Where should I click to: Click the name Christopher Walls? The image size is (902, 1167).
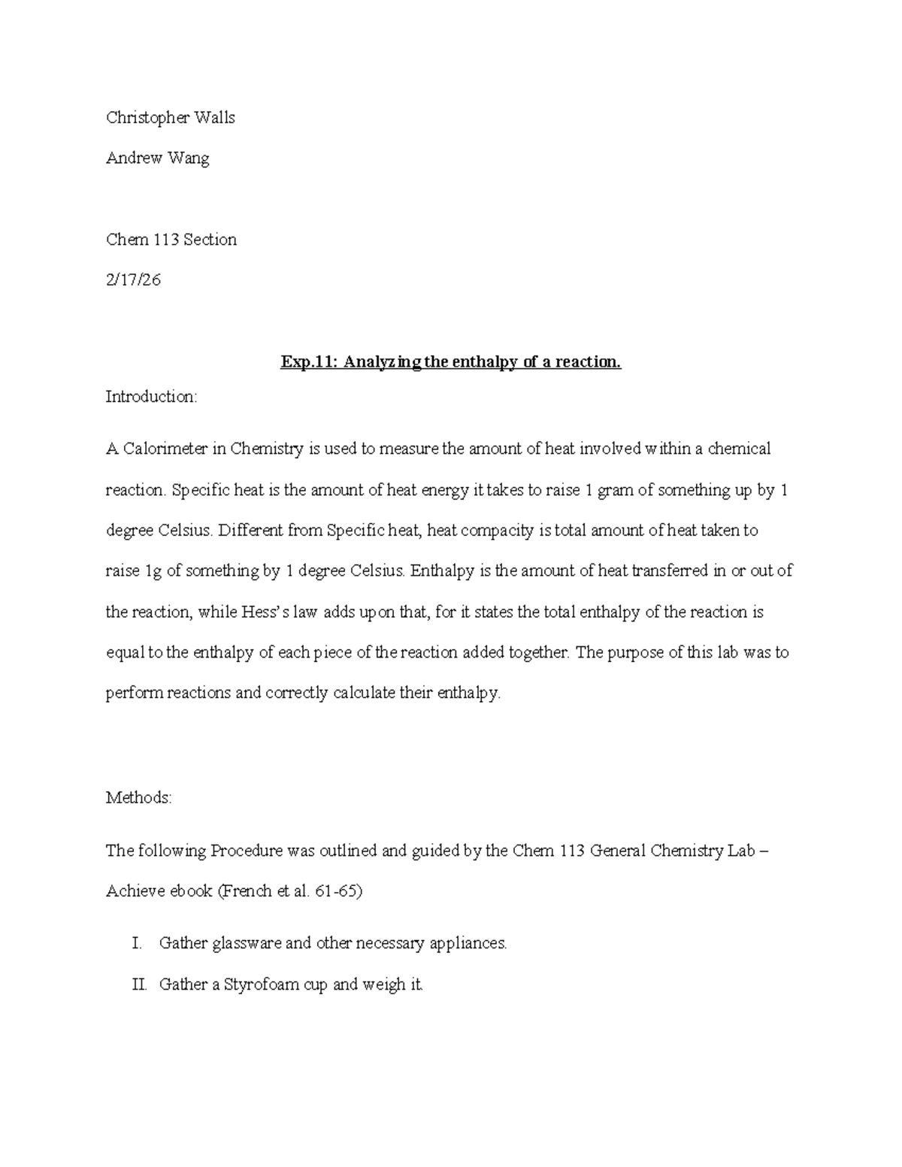click(171, 118)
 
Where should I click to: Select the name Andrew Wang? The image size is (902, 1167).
click(158, 159)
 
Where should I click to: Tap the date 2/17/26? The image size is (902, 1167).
click(133, 280)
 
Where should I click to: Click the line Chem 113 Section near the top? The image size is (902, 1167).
click(171, 240)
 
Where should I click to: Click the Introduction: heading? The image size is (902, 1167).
click(151, 397)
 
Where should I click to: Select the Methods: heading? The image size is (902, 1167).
click(139, 797)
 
